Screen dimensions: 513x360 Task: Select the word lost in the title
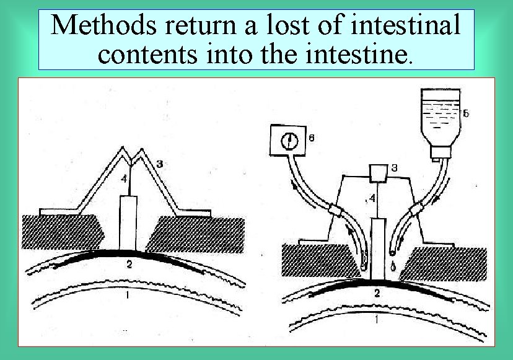[x=283, y=25]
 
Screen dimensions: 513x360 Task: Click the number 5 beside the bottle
[x=465, y=113]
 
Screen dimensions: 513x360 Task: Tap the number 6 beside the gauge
[x=310, y=139]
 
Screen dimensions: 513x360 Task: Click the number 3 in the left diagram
[x=159, y=164]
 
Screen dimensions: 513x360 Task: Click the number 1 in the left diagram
[x=127, y=296]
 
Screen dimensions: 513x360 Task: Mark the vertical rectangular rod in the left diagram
[x=128, y=223]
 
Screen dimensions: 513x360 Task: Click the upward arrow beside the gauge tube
[x=295, y=183]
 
